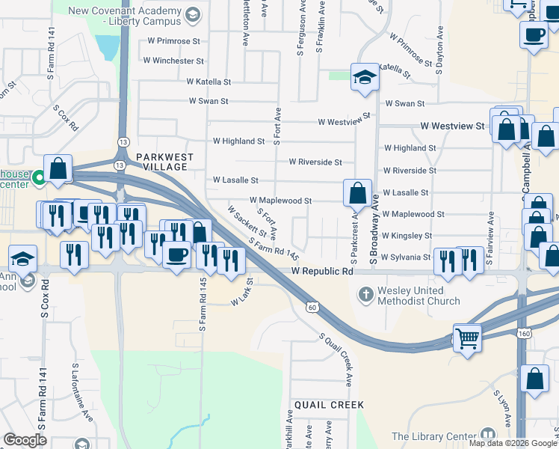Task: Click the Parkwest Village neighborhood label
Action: point(165,162)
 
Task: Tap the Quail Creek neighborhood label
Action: point(329,405)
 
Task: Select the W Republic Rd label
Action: point(322,272)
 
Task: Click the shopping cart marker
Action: point(468,337)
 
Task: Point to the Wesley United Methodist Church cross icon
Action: point(365,293)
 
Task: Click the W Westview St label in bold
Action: point(452,127)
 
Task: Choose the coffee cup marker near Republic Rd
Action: point(177,254)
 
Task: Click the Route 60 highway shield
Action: point(312,306)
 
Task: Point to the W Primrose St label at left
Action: point(174,41)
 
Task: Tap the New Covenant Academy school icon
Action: point(193,13)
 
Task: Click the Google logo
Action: point(25,440)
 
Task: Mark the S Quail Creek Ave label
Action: point(336,360)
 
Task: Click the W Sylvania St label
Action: point(407,257)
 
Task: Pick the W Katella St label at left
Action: point(209,81)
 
